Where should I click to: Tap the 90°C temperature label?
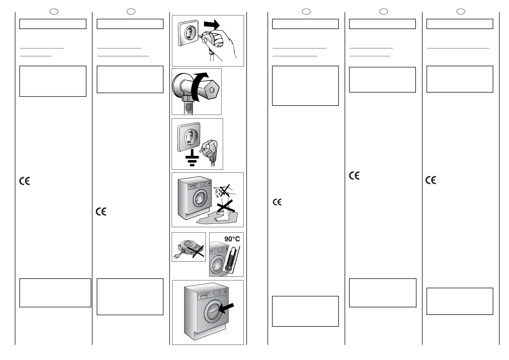click(x=232, y=239)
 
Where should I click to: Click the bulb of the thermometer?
click(x=228, y=267)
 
